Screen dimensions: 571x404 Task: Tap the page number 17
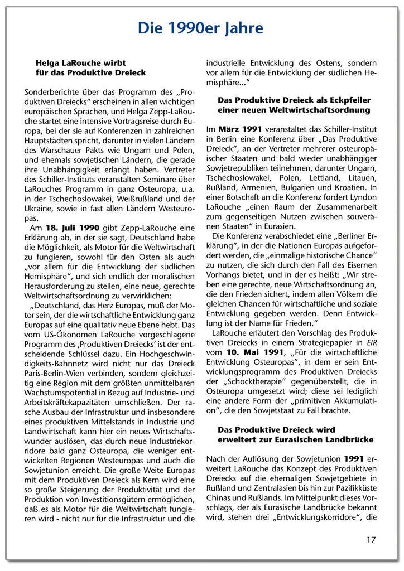pos(371,539)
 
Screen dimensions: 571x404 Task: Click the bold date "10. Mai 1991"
pos(251,353)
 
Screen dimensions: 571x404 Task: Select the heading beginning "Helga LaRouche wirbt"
pos(80,63)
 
